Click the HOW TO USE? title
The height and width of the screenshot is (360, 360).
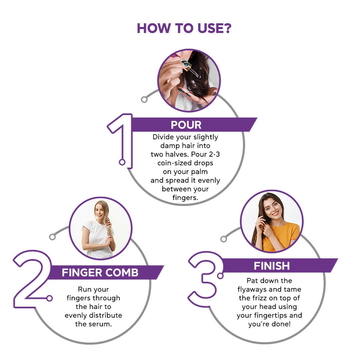pyautogui.click(x=184, y=28)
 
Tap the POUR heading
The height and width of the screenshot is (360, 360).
pyautogui.click(x=186, y=125)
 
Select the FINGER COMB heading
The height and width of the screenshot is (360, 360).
pyautogui.click(x=100, y=273)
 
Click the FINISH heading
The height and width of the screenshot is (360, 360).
pyautogui.click(x=272, y=266)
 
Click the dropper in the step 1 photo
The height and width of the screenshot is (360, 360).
pyautogui.click(x=190, y=67)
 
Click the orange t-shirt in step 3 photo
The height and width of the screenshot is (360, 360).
pyautogui.click(x=282, y=236)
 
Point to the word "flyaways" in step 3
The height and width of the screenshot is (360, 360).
pyautogui.click(x=252, y=290)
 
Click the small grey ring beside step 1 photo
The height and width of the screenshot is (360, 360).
pyautogui.click(x=144, y=99)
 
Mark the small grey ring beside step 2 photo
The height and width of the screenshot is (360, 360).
pyautogui.click(x=52, y=237)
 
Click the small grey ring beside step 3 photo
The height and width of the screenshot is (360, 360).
pyautogui.click(x=223, y=239)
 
